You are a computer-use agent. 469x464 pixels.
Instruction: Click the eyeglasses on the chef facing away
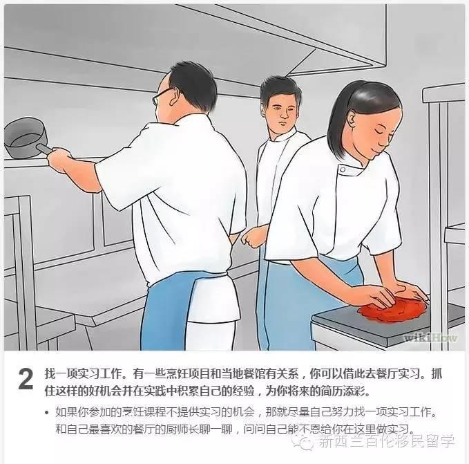[163, 95]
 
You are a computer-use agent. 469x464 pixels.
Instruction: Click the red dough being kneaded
[392, 310]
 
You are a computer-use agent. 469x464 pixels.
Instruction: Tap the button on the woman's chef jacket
[343, 170]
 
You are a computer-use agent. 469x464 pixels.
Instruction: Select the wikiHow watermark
[430, 338]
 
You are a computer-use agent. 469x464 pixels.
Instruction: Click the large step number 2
[26, 379]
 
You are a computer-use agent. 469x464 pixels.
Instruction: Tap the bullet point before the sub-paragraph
[47, 413]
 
